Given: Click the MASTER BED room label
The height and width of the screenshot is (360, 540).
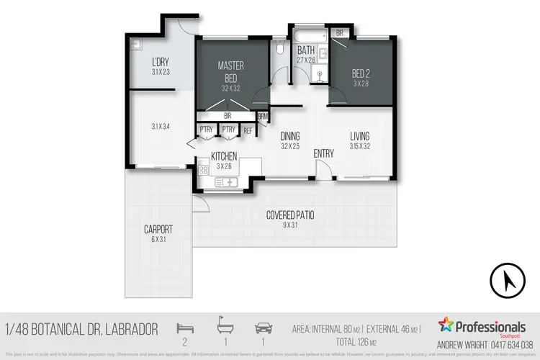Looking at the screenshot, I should pos(231,71).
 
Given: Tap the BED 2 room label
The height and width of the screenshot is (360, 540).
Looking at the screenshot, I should pos(361,74).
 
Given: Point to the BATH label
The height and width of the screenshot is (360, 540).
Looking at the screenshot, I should pos(306,50).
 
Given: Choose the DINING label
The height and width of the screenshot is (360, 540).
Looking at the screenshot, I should pos(290,136).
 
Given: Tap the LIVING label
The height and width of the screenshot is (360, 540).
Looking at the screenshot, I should pos(360,136).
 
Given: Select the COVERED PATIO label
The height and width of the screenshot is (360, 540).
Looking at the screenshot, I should pos(290,215).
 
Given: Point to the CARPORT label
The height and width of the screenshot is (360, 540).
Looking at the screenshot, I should pos(158,230).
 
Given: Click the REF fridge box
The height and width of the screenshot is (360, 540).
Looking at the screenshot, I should pos(248,130).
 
